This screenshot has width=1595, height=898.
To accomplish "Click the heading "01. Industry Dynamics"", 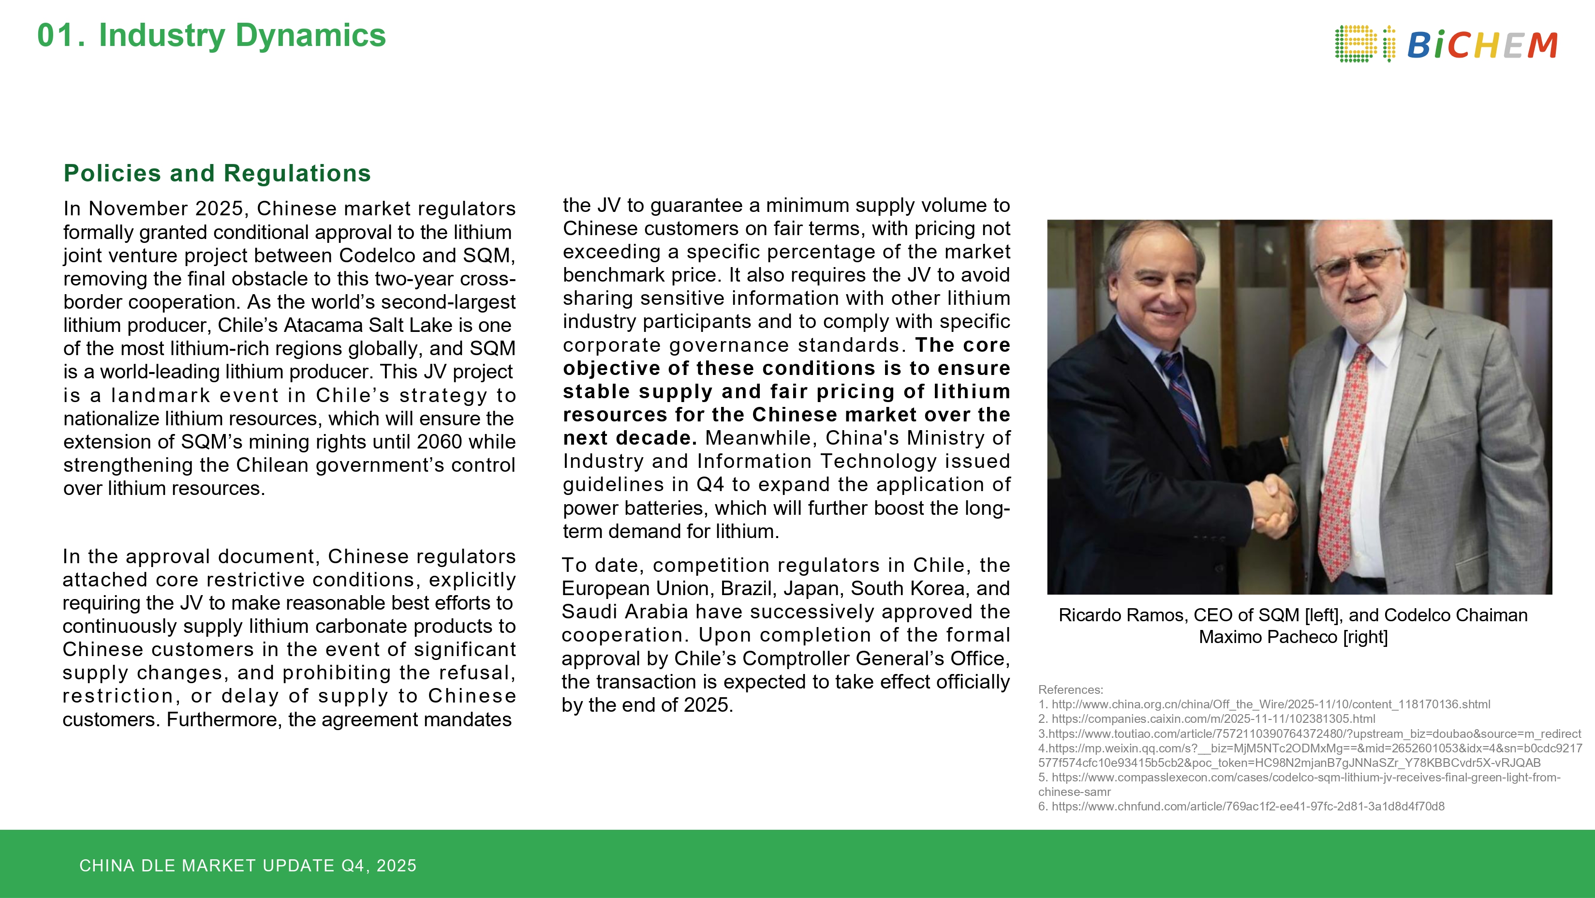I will click(x=211, y=35).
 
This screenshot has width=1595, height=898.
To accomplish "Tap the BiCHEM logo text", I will click(x=1482, y=45).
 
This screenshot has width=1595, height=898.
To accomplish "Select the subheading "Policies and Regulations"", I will click(x=217, y=173).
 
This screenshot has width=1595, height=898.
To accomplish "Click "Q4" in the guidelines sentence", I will click(x=710, y=484).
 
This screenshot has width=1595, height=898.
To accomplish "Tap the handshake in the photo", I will click(x=1272, y=505).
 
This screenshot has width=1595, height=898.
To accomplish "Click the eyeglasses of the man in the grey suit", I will click(x=1356, y=263).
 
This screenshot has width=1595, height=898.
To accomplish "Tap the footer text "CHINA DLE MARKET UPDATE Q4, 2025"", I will click(x=248, y=865).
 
